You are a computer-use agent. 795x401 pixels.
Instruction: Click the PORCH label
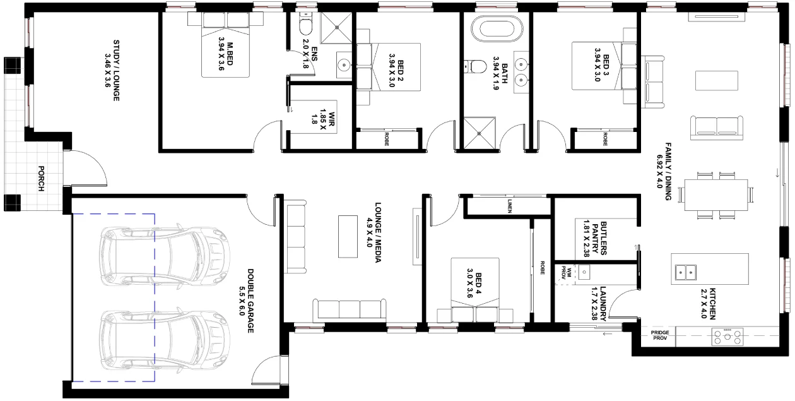click(41, 179)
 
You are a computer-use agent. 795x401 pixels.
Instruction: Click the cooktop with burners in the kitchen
click(727, 337)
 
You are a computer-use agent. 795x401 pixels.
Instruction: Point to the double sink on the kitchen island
click(685, 272)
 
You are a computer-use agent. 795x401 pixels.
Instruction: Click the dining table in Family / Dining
click(716, 195)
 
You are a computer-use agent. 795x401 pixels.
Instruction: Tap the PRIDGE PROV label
click(660, 335)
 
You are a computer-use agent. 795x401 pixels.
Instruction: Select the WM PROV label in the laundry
click(565, 273)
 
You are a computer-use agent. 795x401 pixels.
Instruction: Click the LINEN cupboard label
click(510, 206)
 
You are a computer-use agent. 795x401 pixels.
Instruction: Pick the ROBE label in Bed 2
click(387, 139)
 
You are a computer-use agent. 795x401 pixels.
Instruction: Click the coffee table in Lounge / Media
click(348, 237)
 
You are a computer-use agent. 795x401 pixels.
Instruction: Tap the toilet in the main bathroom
click(476, 66)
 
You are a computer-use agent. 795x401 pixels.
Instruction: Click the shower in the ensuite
click(336, 27)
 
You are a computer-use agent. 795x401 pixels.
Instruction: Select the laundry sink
click(584, 272)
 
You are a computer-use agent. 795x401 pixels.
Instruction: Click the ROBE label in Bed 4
click(543, 268)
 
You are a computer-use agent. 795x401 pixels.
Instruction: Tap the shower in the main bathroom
click(479, 133)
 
